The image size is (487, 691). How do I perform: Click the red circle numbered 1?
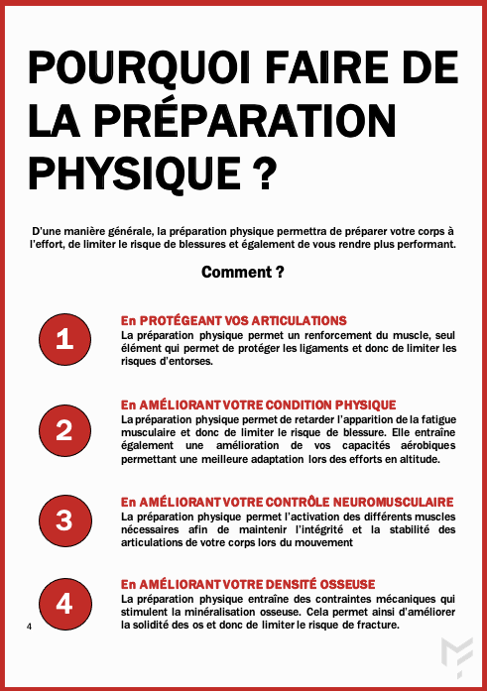[x=64, y=339]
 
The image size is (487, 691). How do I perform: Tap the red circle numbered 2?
[x=64, y=430]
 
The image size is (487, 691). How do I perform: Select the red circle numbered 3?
[x=64, y=520]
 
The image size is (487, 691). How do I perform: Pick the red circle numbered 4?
[x=64, y=604]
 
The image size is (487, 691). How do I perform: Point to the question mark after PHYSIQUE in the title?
[x=265, y=173]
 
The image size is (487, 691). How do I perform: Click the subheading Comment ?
[x=243, y=272]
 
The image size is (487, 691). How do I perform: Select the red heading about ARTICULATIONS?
[x=234, y=320]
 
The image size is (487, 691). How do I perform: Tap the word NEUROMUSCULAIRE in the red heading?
[x=393, y=502]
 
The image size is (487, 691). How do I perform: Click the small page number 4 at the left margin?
[x=29, y=627]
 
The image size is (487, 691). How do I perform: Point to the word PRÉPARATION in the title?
[x=245, y=121]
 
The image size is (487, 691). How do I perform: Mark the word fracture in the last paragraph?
[x=378, y=625]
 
